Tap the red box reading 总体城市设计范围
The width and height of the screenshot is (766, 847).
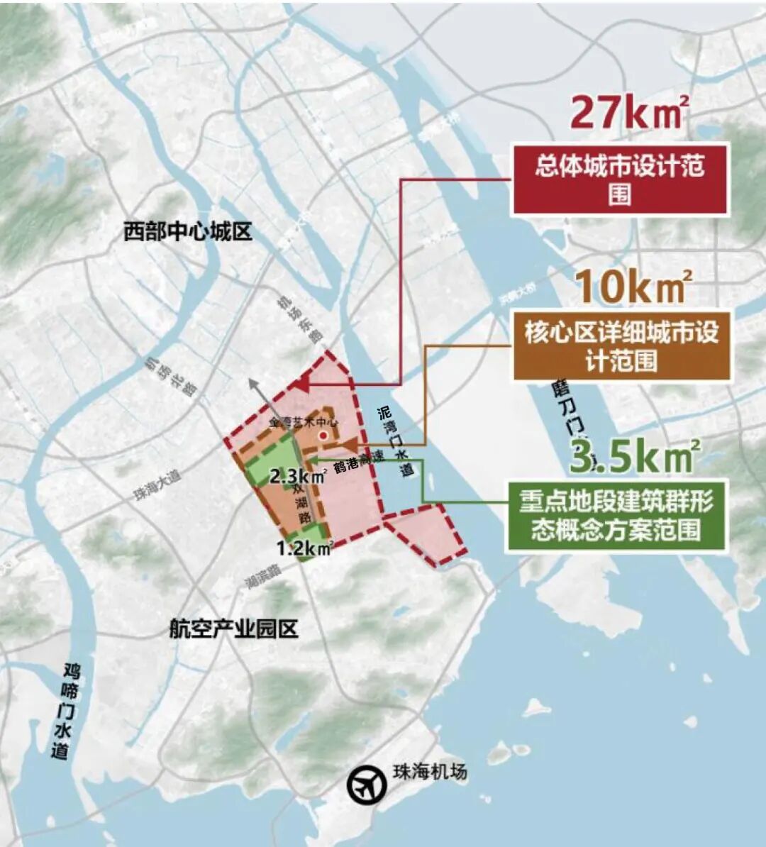[619, 180]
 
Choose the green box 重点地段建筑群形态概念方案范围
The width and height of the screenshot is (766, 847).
[616, 516]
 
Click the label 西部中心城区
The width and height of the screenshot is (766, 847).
[187, 232]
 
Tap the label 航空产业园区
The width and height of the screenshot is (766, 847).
[233, 629]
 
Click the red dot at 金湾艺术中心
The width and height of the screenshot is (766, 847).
[323, 436]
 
